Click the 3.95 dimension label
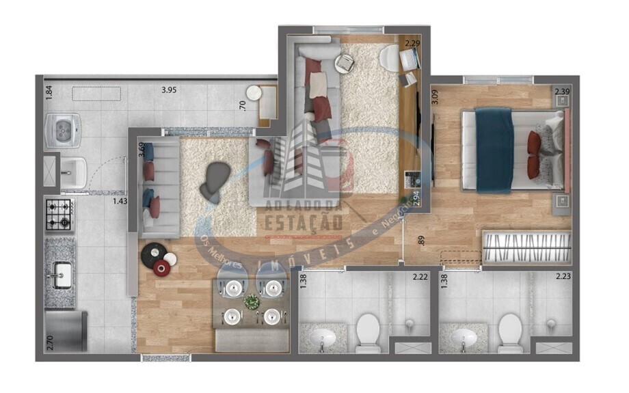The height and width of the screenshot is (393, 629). [x=169, y=89]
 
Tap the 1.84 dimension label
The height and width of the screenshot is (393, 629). [x=49, y=92]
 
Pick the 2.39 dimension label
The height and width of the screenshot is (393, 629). [x=562, y=92]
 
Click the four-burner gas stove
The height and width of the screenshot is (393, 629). [x=59, y=213]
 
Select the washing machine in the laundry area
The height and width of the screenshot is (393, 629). [x=63, y=129]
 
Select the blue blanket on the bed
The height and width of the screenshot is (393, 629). [x=494, y=150]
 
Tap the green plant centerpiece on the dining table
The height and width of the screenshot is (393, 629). [x=252, y=301]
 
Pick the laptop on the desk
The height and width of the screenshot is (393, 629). [x=409, y=60]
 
